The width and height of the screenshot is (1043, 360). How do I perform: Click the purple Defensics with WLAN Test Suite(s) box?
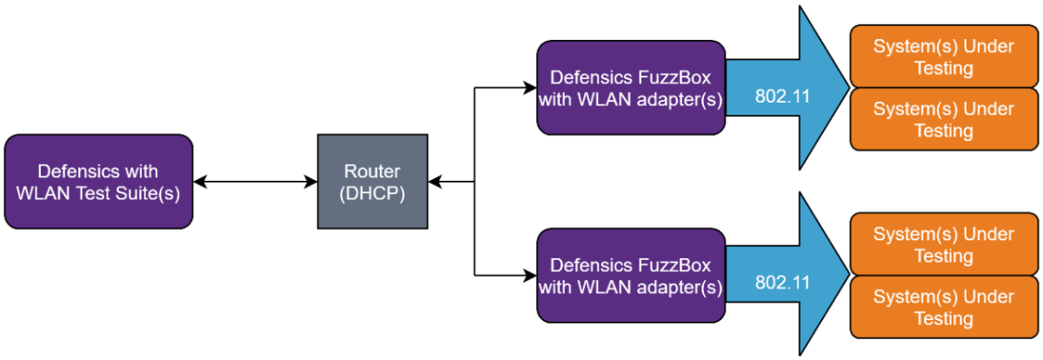[97, 182]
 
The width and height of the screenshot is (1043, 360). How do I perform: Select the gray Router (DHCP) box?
[372, 182]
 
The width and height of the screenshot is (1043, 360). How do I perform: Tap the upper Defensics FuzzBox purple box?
[630, 88]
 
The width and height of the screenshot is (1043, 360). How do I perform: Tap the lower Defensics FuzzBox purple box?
[630, 276]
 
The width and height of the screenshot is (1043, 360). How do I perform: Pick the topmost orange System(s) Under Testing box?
[943, 57]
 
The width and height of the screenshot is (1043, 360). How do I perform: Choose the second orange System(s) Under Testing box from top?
[943, 120]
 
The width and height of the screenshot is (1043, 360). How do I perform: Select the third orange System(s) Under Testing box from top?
[943, 244]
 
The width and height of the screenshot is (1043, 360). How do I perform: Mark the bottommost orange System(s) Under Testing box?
[943, 307]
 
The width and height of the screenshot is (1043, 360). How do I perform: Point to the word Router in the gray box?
[372, 171]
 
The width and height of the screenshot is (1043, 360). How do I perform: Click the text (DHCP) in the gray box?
[372, 193]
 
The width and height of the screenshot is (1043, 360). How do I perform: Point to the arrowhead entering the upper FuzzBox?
[529, 88]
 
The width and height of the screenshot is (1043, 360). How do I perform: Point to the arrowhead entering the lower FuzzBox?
[529, 276]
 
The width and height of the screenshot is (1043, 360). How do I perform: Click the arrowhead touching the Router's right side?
[435, 182]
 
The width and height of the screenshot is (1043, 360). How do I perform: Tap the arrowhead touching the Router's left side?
[310, 182]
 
